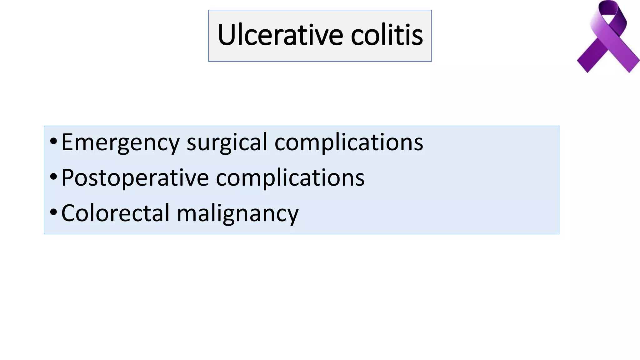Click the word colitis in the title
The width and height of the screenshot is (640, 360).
(x=387, y=35)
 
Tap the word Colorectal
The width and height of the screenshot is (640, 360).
(x=115, y=213)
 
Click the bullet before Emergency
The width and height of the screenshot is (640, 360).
(x=53, y=141)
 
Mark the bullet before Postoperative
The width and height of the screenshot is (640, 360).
(x=53, y=177)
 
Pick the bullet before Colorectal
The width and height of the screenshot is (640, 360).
(x=53, y=212)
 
